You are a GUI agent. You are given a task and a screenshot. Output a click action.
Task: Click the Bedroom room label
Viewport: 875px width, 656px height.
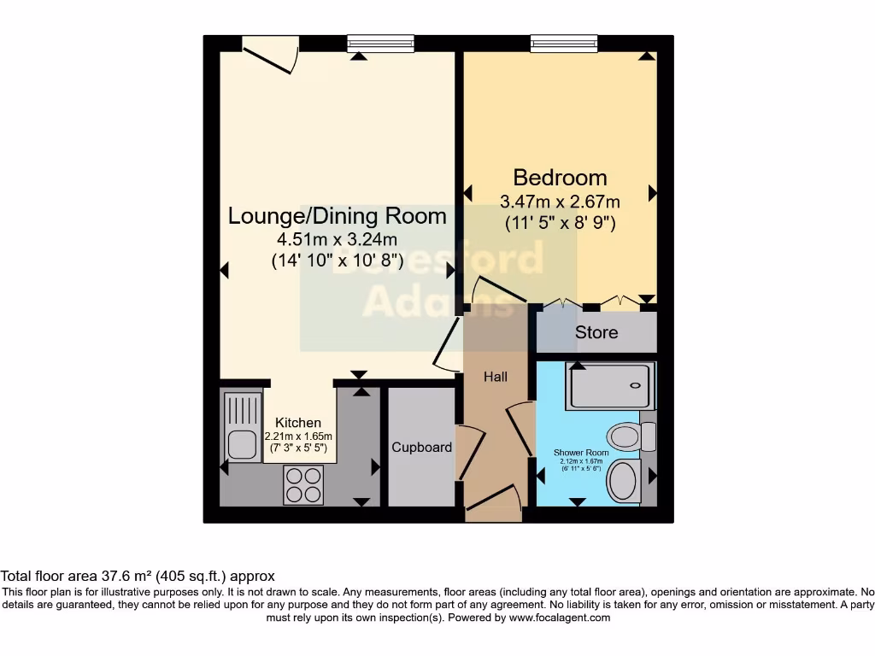pos(560,178)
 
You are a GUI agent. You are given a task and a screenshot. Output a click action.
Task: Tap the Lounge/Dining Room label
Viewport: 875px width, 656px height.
pos(337,216)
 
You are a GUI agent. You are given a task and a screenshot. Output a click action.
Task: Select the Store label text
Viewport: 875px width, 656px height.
pos(596,332)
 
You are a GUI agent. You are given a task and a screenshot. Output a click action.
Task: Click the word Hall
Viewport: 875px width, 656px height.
pos(496,377)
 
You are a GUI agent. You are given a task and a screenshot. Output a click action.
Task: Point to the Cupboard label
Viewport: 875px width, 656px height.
pos(421,448)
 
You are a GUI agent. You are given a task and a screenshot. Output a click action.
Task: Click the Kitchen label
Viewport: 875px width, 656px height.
pos(298,423)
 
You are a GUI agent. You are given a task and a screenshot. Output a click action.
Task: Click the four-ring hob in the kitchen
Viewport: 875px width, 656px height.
pos(303,485)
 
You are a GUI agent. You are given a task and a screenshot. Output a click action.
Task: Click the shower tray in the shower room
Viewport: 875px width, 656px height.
pos(612,385)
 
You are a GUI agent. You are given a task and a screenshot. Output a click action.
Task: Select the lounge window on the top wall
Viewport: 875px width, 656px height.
pos(380,44)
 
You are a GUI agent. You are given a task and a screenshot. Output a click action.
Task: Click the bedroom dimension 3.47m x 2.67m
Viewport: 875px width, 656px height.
pos(560,202)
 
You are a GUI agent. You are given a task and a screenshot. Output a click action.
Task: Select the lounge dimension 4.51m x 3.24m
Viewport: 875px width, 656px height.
pos(337,239)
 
